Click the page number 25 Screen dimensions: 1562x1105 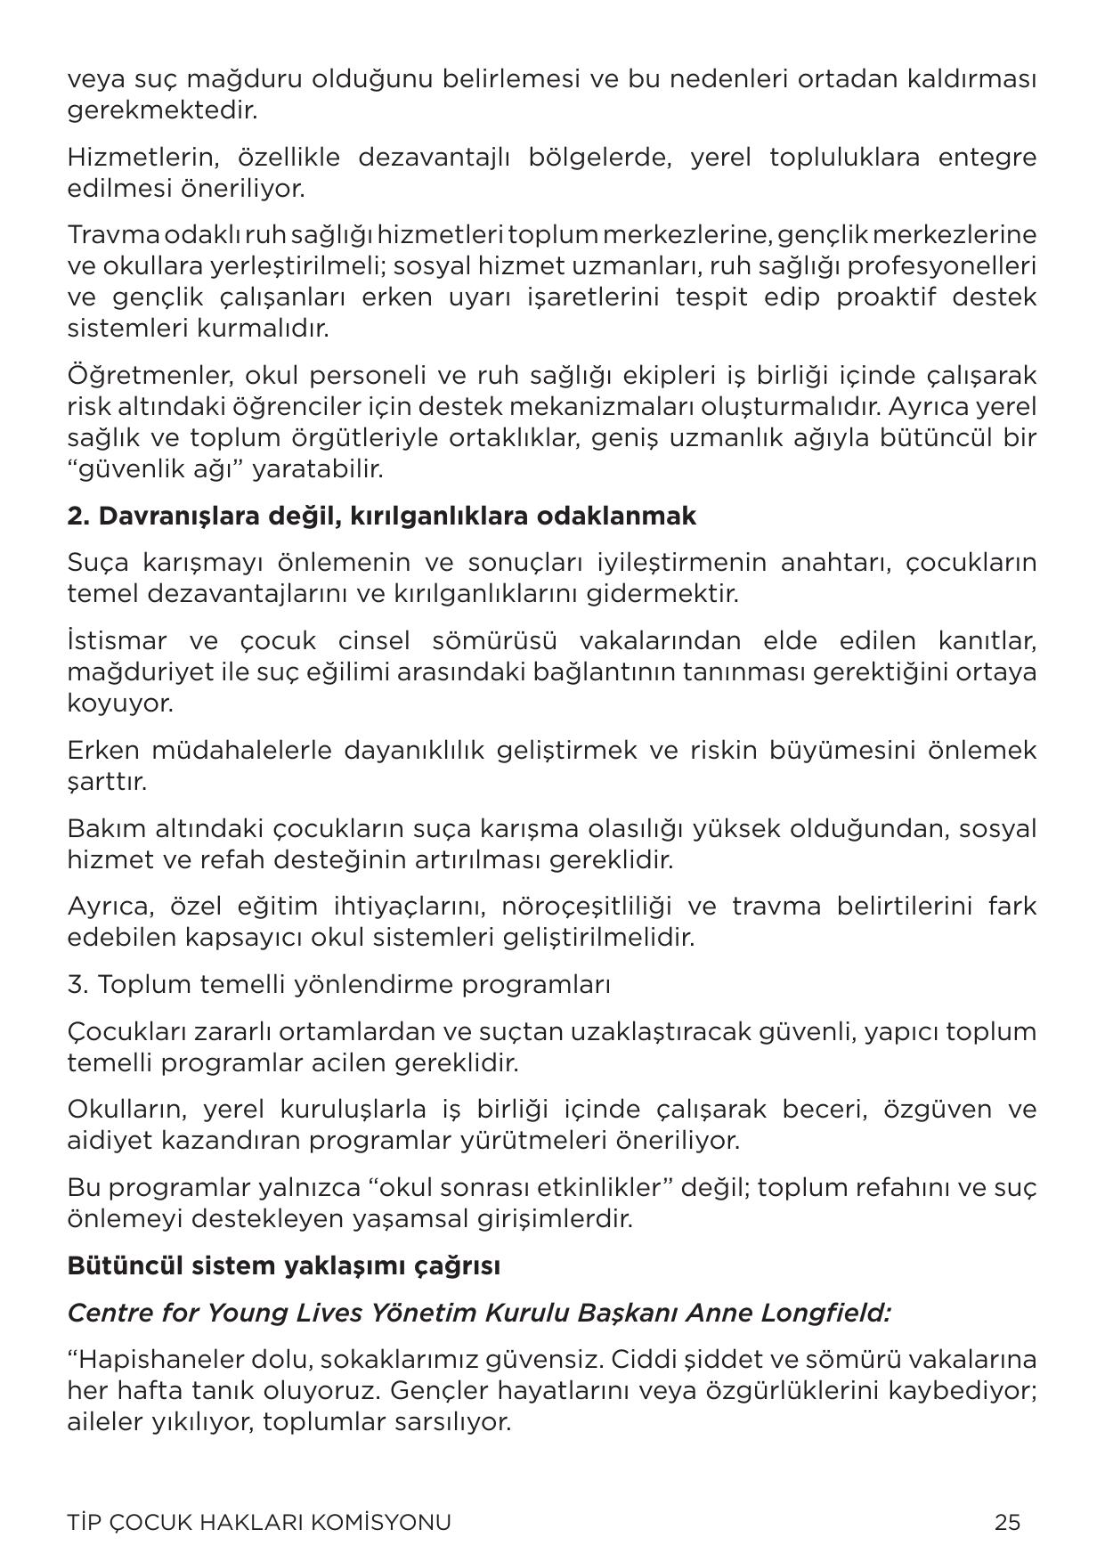pos(1007,1522)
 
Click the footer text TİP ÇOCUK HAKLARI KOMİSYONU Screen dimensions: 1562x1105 pos(259,1522)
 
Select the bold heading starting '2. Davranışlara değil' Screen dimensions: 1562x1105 pos(381,516)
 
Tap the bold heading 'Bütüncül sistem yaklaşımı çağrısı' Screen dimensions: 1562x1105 pos(283,1265)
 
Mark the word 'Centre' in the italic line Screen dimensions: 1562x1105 pos(109,1313)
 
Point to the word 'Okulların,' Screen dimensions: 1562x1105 pos(126,1110)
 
